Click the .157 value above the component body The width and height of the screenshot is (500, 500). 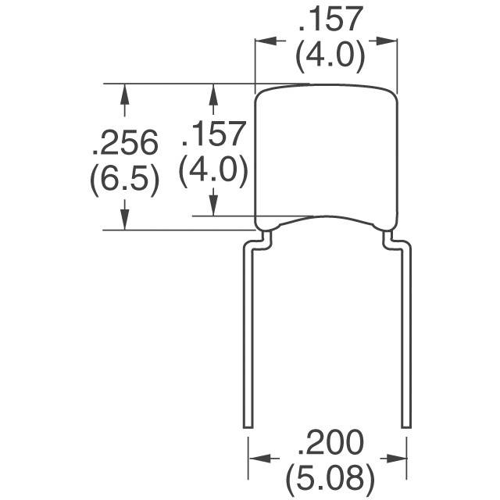[330, 19]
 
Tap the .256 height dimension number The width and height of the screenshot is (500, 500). [125, 142]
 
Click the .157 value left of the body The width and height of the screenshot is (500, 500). [213, 134]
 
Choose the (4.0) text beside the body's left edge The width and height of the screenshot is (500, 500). [213, 171]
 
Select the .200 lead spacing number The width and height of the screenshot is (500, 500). [330, 442]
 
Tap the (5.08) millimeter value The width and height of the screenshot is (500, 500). [330, 479]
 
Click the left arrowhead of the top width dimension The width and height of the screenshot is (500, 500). [266, 41]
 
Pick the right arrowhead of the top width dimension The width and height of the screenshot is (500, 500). [387, 41]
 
